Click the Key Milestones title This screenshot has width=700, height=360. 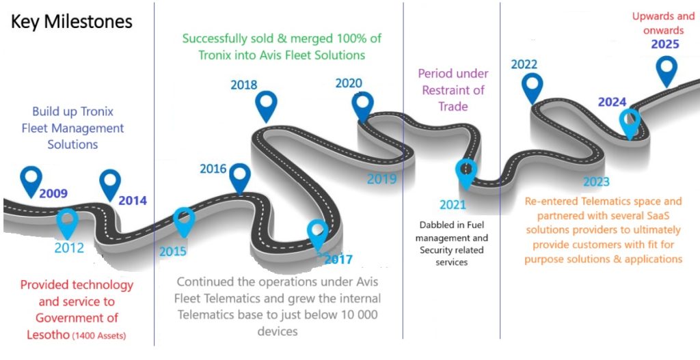point(71,22)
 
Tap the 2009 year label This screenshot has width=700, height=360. point(53,194)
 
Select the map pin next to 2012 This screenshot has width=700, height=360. point(66,221)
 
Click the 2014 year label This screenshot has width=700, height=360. point(133,201)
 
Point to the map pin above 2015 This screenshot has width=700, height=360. point(184,220)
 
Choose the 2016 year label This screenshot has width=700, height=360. point(213,169)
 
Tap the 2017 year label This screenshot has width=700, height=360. point(338,260)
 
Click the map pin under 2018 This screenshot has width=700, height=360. point(266,105)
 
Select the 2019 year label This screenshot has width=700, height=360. point(381,180)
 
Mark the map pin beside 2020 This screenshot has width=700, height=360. point(363,106)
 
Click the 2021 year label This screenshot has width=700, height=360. point(453,204)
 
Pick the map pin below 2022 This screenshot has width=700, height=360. point(532,86)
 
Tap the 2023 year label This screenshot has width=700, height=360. point(596,182)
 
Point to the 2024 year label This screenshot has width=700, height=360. point(612,102)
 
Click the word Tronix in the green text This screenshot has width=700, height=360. point(215,55)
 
